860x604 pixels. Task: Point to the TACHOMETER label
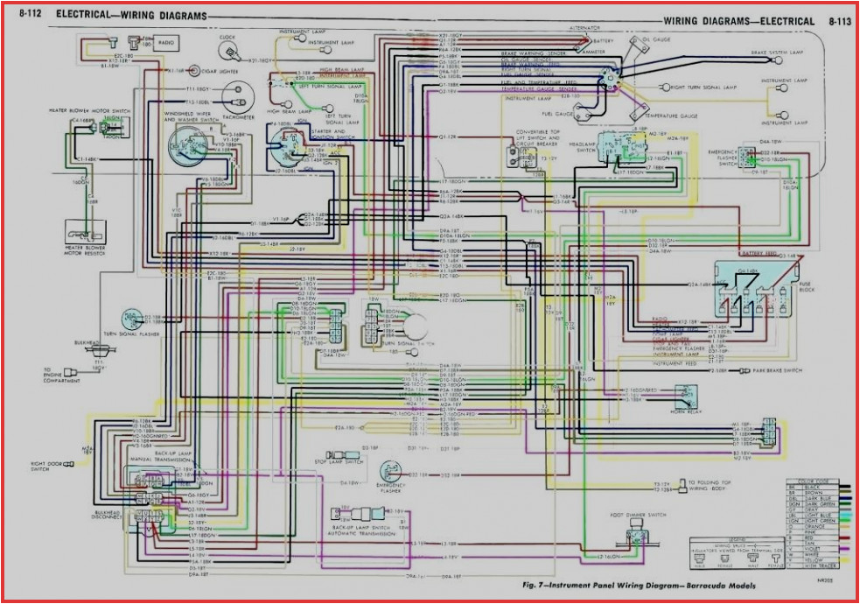[238, 117]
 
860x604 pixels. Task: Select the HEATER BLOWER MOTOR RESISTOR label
[86, 237]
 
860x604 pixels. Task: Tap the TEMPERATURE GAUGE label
[671, 116]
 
